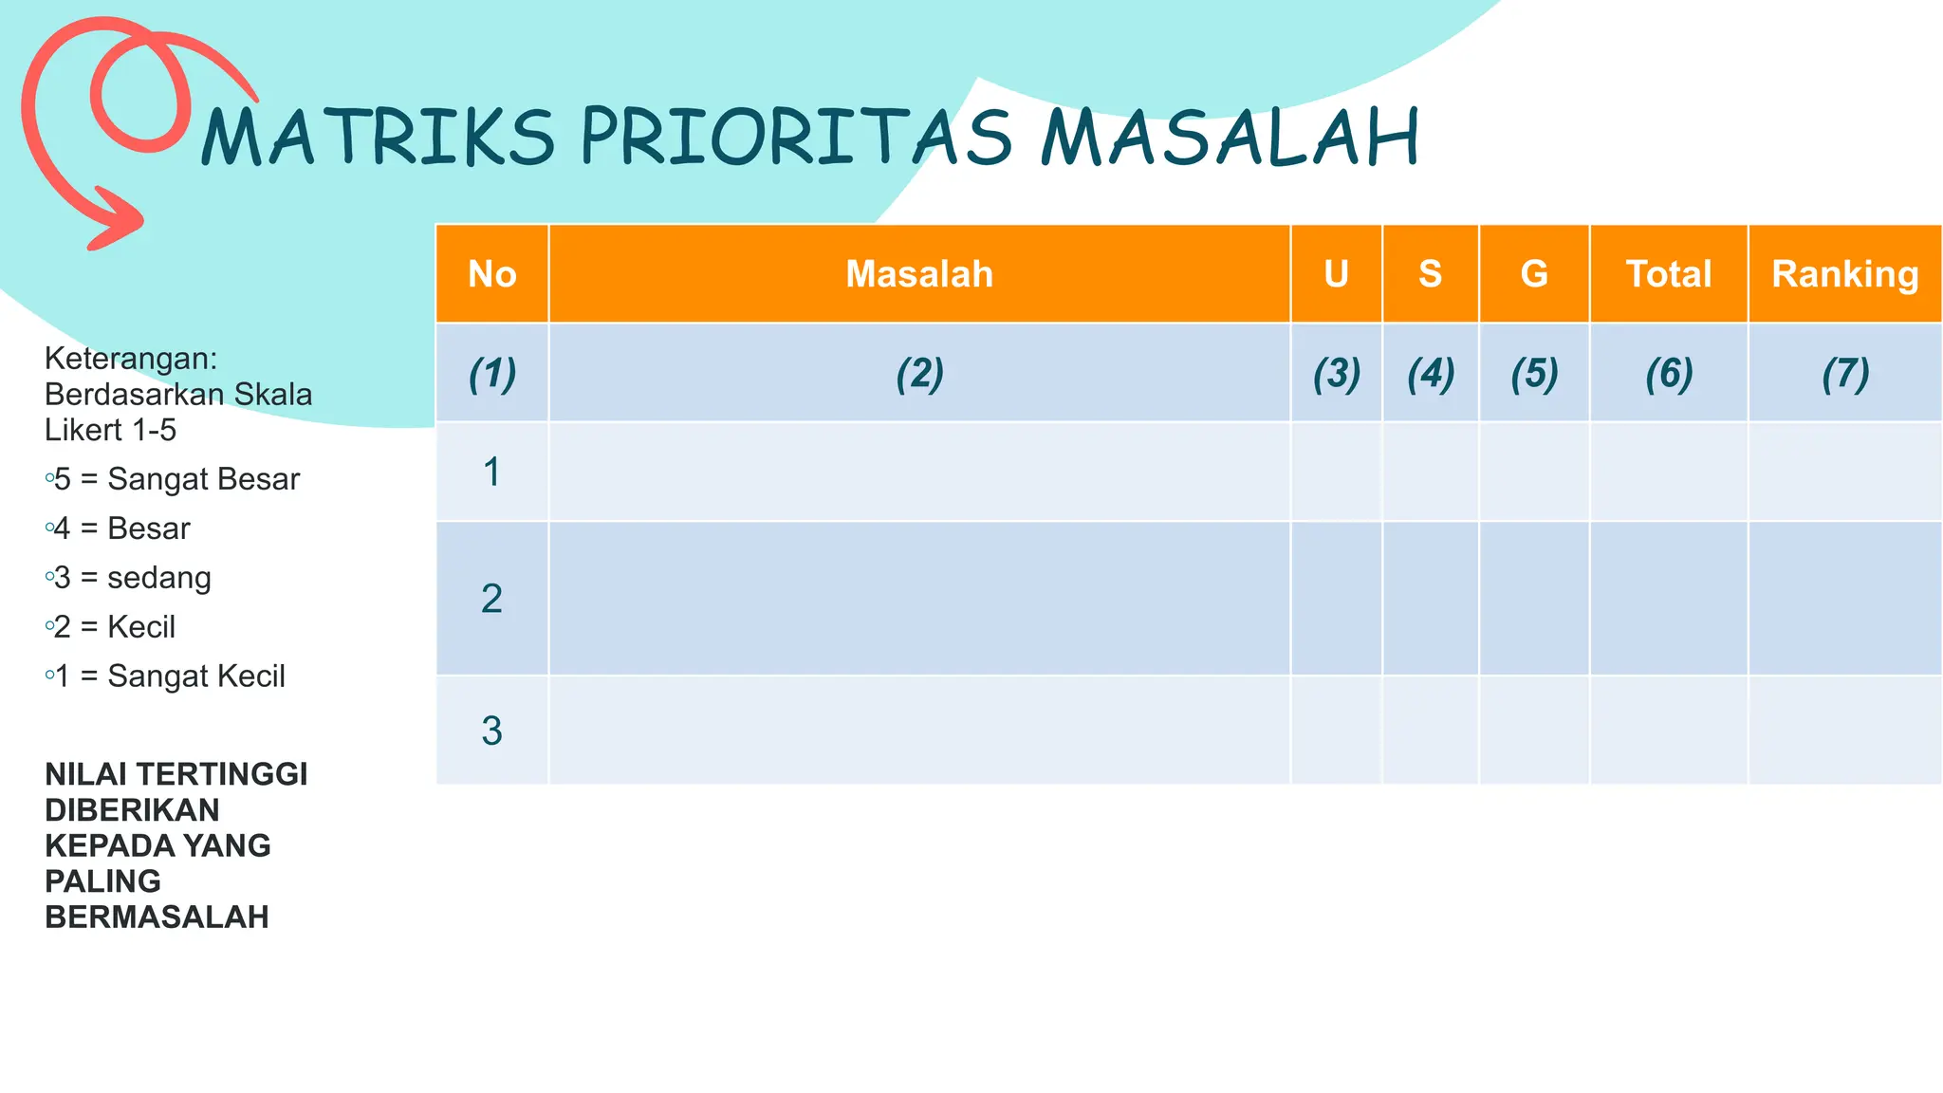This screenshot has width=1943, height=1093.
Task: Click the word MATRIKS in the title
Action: (377, 139)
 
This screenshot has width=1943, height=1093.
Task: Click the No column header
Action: (491, 274)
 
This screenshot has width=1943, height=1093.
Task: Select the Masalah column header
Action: (919, 274)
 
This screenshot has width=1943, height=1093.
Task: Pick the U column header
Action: (1336, 274)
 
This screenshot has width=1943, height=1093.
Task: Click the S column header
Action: (1430, 274)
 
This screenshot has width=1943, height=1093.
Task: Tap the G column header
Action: (1534, 274)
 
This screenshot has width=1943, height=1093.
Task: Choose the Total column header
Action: (1669, 274)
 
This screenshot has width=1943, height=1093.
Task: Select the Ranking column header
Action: (1845, 274)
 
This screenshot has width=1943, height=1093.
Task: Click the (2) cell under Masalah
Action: (919, 374)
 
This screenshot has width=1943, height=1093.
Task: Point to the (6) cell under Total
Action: (1669, 374)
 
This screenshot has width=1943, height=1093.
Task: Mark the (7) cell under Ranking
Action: (1845, 374)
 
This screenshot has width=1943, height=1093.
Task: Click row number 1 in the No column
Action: (491, 472)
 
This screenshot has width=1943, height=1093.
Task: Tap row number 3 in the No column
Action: (491, 731)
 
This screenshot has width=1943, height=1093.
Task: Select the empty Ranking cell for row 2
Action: (1845, 599)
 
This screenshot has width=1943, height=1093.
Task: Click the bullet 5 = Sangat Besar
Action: (176, 479)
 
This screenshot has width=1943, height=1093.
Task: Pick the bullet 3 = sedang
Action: (133, 578)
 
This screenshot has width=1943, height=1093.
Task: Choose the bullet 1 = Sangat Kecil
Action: (169, 676)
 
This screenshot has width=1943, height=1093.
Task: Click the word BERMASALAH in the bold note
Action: (157, 917)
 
